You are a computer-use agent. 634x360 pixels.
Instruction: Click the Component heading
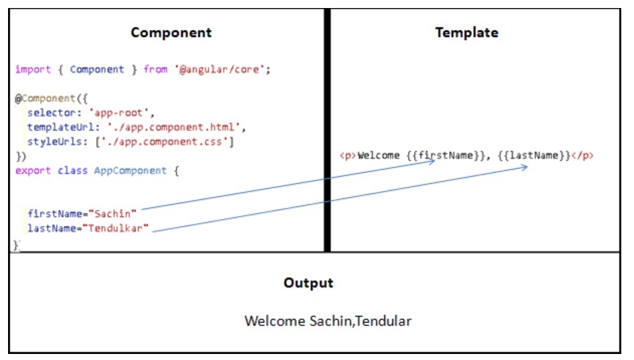point(171,32)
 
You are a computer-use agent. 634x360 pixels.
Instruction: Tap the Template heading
point(466,32)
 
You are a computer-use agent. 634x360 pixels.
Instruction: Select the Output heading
point(308,282)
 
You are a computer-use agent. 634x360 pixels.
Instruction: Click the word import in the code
point(31,69)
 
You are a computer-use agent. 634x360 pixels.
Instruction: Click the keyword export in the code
point(31,170)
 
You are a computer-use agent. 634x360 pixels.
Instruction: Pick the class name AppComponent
point(129,170)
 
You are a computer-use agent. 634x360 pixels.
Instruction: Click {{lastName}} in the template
point(533,156)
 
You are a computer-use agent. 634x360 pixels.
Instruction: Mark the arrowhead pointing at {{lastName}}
point(524,168)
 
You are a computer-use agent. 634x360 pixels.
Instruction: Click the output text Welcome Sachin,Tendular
point(328,321)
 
